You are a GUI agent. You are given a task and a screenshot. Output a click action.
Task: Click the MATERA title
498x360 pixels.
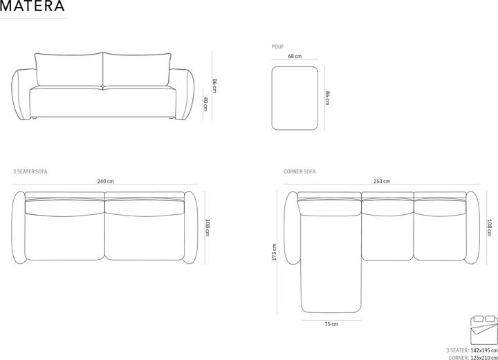pos(33,7)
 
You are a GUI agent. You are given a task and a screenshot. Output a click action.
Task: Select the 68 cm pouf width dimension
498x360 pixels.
pos(295,57)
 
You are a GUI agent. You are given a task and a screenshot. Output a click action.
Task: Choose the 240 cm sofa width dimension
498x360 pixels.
pos(106,181)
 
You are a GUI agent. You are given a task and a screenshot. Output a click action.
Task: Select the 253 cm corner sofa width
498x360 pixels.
pos(382,181)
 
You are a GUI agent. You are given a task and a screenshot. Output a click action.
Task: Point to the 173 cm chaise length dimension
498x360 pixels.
pos(275,252)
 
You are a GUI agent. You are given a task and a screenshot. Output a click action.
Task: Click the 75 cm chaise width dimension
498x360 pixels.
pos(331,323)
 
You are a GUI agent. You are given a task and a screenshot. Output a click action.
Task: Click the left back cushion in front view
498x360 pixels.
pos(67,69)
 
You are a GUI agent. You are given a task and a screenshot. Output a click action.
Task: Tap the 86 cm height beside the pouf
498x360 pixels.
pos(327,97)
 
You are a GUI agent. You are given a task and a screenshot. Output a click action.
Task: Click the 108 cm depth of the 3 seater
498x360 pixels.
pos(207,227)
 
